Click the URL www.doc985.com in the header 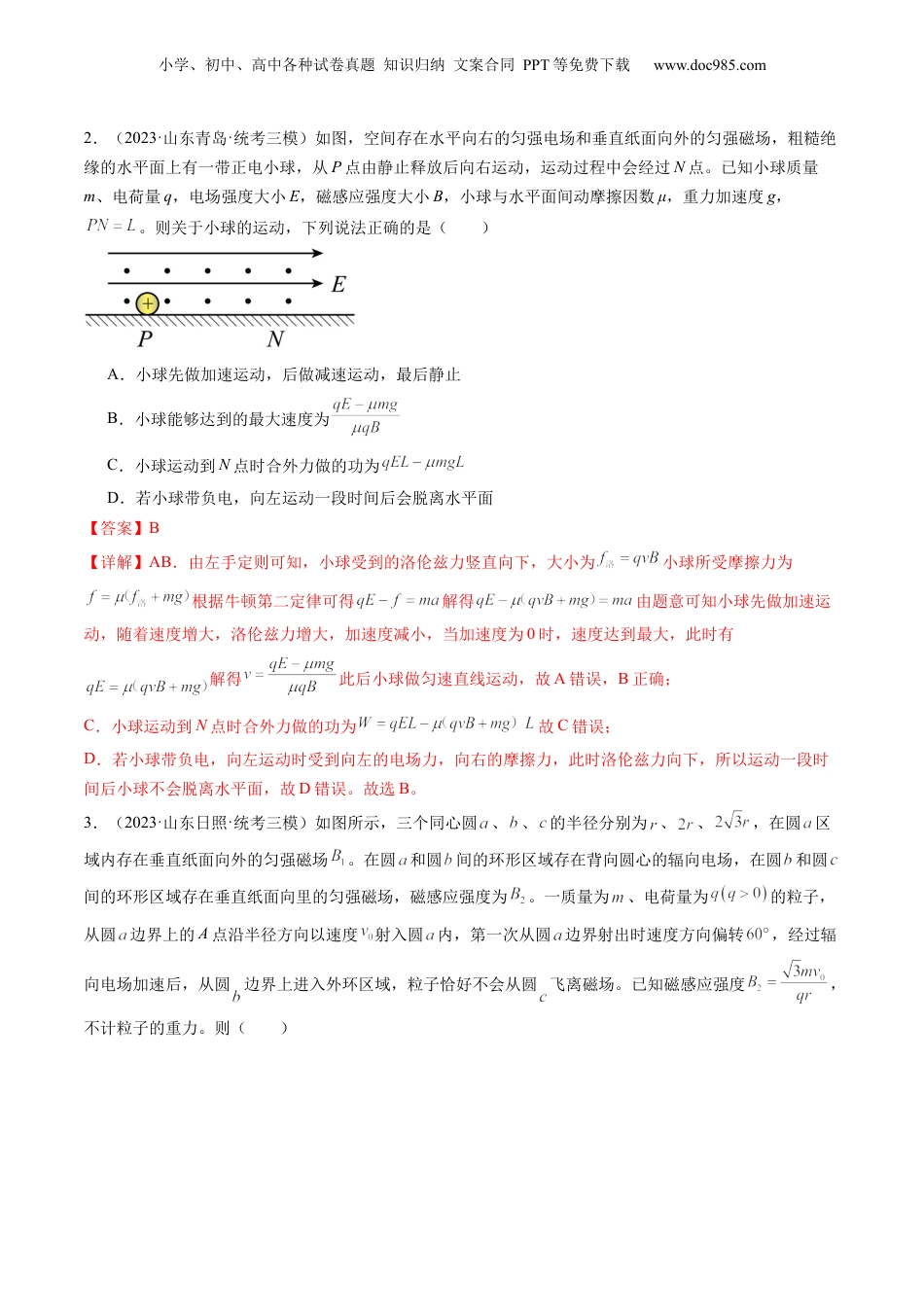tap(709, 65)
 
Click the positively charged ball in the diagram tap(147, 303)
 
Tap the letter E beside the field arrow tap(338, 284)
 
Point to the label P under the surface tap(145, 339)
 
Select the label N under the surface tap(275, 339)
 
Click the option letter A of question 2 tap(115, 374)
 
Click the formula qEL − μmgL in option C tap(423, 463)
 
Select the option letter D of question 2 tap(115, 498)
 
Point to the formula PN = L tap(111, 226)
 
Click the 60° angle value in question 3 tap(758, 934)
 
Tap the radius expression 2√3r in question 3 tap(732, 822)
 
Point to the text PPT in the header tap(536, 65)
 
